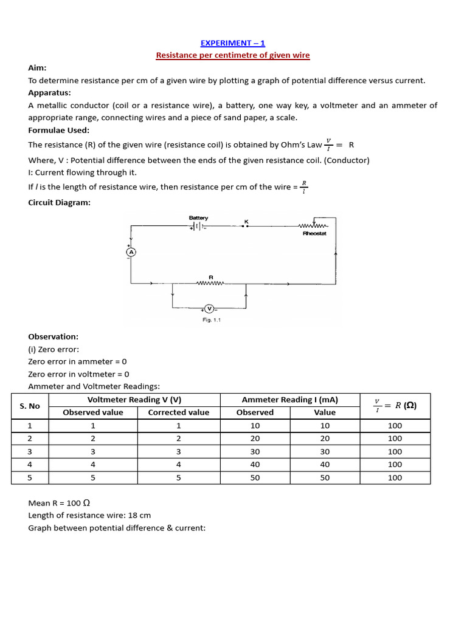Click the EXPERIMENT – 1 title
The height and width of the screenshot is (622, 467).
point(233,43)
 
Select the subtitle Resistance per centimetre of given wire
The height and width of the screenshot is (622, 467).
point(233,55)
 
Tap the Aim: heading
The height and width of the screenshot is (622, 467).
point(37,69)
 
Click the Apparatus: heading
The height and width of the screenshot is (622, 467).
point(49,93)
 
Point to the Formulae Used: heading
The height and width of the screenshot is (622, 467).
point(58,130)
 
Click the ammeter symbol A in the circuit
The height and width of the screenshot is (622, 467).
point(130,251)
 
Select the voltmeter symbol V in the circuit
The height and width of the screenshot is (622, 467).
point(209,309)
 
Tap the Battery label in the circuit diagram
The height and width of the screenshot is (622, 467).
point(198,218)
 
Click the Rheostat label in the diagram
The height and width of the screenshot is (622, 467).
point(314,233)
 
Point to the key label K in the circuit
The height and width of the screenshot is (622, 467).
point(246,221)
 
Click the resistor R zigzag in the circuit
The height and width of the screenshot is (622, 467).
point(211,282)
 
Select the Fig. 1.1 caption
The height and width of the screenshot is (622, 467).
point(211,321)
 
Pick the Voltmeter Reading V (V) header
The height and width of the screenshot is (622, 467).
point(134,400)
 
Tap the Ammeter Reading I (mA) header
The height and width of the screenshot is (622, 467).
point(289,400)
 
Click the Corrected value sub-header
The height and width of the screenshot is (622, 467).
point(178,412)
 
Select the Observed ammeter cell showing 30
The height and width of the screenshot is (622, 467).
point(255,451)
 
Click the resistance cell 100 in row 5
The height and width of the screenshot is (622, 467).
point(395,477)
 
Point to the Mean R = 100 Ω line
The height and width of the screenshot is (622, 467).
point(59,503)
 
